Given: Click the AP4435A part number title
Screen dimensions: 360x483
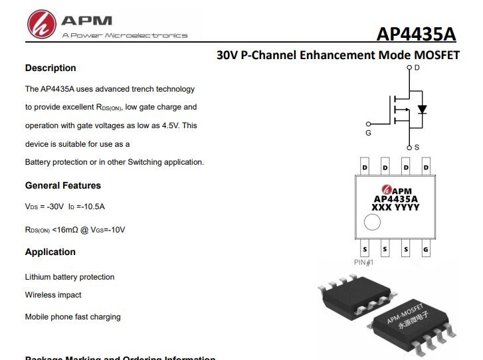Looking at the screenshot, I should tap(417, 35).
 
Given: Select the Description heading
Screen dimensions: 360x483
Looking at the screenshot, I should tap(50, 68).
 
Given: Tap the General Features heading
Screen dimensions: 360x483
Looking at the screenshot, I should tap(63, 185).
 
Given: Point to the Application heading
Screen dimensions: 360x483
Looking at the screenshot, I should tap(50, 252).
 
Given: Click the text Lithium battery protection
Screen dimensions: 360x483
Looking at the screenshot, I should tap(70, 277).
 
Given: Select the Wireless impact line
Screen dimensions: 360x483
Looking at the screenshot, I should tap(53, 294).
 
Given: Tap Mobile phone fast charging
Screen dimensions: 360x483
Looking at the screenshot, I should tap(73, 317).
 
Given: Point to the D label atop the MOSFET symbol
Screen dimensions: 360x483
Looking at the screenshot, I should tap(417, 68).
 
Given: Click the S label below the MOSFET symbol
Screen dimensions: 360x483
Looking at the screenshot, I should tap(417, 147).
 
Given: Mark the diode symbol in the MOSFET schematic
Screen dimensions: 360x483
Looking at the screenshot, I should tap(421, 109).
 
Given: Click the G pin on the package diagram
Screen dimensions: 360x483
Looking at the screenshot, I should tap(426, 250).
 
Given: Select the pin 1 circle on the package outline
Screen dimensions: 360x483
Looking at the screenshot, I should tap(373, 223).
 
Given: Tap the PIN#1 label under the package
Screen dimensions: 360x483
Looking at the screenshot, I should tap(364, 262).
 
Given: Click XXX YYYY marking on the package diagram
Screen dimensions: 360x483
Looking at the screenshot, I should tap(395, 207).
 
